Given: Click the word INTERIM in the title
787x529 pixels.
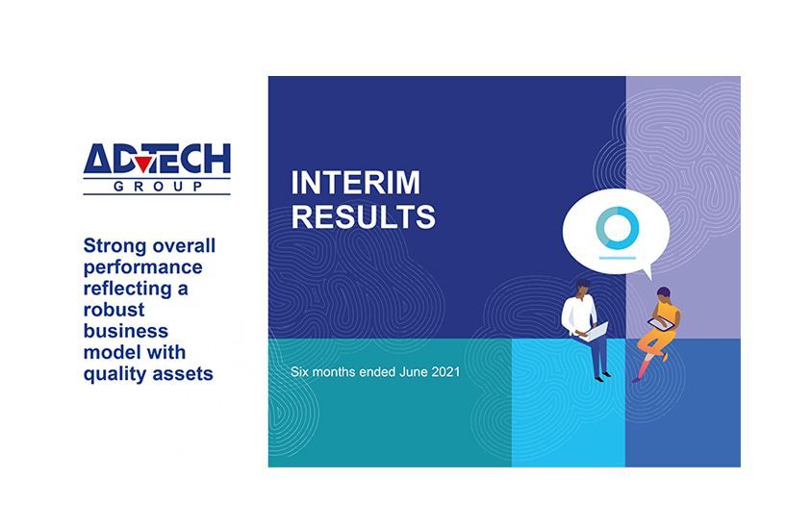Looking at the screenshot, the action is [x=355, y=182].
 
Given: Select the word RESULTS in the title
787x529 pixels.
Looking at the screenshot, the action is [x=364, y=216].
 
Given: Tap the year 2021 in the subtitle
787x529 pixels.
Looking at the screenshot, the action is [x=445, y=372].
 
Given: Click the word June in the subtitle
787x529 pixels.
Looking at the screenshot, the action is [x=414, y=372].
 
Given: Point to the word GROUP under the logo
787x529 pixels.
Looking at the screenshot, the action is [x=158, y=187].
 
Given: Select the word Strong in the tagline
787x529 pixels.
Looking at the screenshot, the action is [x=114, y=246].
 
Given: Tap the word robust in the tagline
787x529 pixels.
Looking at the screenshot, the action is [x=114, y=310].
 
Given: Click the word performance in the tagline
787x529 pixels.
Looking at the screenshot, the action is [x=143, y=268].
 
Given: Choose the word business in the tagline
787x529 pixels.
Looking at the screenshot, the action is [x=126, y=331].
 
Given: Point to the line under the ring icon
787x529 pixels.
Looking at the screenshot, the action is [x=618, y=258].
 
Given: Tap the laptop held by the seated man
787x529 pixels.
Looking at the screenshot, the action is [x=596, y=332].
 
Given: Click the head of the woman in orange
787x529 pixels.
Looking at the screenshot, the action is [x=663, y=294].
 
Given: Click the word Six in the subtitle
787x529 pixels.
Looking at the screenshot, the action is [x=299, y=372].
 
